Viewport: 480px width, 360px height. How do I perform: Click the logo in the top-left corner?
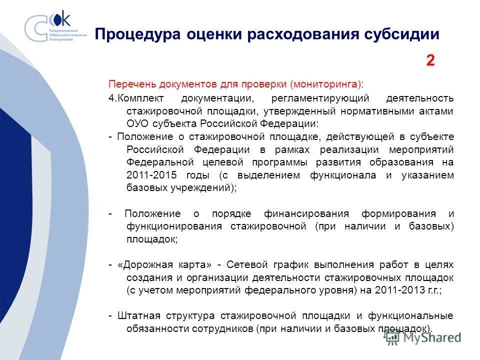coord(55,27)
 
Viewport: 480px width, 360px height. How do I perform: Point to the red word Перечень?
coord(127,83)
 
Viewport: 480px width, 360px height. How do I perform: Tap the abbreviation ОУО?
coord(138,123)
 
